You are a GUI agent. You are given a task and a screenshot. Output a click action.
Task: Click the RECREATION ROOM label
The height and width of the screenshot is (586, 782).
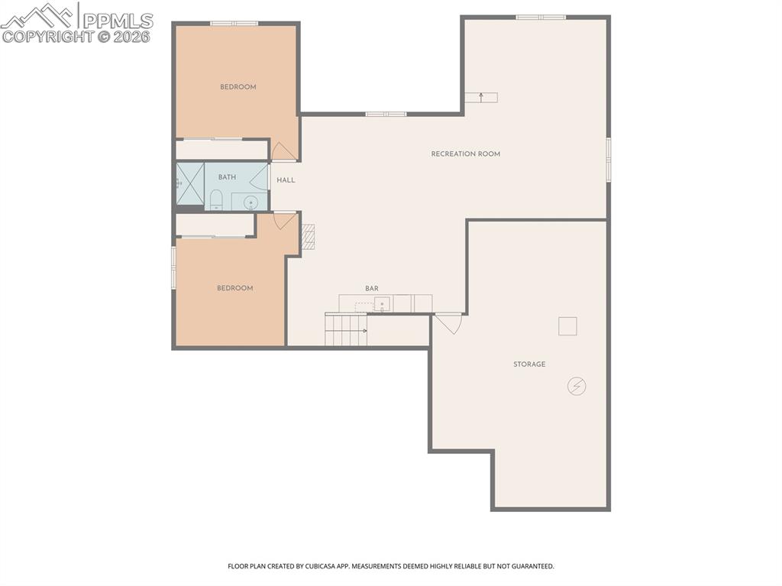click(x=465, y=154)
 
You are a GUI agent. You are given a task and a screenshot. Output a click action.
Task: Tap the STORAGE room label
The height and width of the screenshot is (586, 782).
click(x=529, y=364)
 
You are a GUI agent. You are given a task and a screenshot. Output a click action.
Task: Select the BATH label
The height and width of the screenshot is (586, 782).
click(x=227, y=177)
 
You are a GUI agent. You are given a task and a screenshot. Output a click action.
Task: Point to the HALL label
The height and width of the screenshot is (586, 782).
click(x=286, y=180)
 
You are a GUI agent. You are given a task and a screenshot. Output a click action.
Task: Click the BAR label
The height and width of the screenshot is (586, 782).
click(x=372, y=289)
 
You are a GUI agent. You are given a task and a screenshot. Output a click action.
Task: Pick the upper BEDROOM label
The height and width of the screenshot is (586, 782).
click(x=238, y=87)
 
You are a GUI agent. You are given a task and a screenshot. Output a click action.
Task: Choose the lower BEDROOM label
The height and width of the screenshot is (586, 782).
click(x=235, y=288)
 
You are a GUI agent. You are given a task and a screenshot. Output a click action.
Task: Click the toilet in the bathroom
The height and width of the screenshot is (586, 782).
click(x=216, y=199)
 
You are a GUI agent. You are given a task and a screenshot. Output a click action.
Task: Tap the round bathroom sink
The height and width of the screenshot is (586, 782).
click(x=250, y=202)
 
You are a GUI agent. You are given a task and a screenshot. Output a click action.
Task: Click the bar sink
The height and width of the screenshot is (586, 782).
click(x=383, y=303)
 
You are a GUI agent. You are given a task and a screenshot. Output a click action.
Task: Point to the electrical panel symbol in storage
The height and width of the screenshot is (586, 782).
click(x=577, y=386)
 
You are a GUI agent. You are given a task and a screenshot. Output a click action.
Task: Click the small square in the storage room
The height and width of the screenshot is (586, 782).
click(x=567, y=326)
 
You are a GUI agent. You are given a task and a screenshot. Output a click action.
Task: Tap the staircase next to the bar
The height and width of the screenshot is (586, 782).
click(x=346, y=329)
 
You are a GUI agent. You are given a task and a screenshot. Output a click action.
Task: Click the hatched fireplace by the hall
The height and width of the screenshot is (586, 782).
click(x=309, y=237)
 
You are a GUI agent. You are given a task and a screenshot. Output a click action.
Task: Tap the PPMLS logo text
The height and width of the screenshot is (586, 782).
click(x=118, y=21)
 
